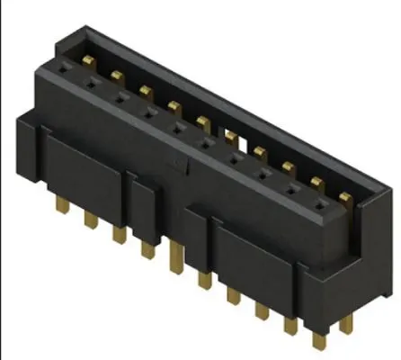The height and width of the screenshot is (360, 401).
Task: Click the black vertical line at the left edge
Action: click(x=2, y=180)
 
